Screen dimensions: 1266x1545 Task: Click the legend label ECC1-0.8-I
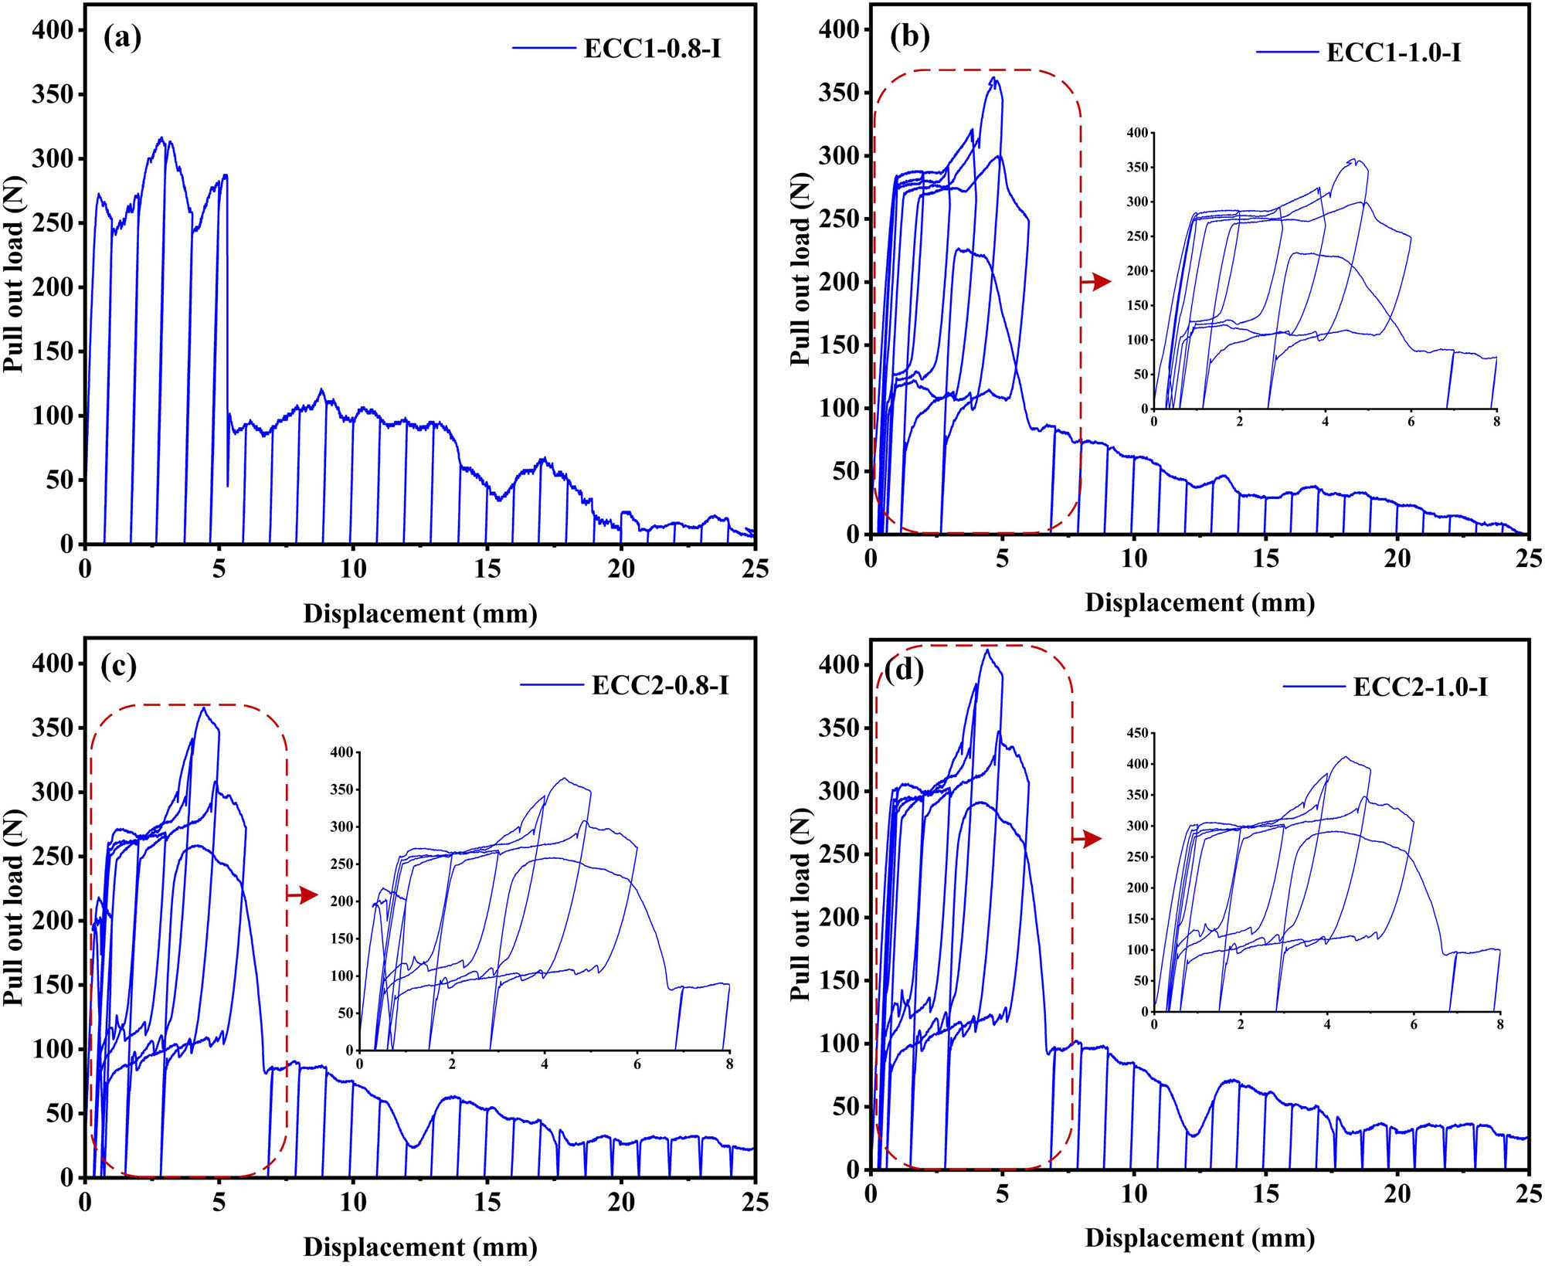652,48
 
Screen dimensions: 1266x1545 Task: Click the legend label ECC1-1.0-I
1394,52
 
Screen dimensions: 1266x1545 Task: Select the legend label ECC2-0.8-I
660,684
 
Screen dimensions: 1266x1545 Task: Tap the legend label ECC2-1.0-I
1420,686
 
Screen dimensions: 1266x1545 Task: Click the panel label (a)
122,37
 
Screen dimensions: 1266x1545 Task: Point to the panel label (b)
909,36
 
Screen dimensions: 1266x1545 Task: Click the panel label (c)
118,665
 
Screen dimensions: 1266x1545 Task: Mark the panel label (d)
904,670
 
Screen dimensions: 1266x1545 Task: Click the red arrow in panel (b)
1096,282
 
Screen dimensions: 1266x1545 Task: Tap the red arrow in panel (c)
303,894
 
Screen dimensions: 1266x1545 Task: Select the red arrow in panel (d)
1088,838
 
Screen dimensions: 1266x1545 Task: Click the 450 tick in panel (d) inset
1137,732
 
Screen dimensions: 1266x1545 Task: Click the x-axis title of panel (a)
419,613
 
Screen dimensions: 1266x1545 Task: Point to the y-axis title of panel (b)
800,269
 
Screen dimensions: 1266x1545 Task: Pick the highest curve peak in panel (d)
986,650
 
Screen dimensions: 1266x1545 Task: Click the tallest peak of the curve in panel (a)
161,138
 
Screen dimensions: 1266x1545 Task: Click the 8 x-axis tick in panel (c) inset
729,1064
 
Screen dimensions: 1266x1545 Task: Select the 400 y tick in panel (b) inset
1137,133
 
